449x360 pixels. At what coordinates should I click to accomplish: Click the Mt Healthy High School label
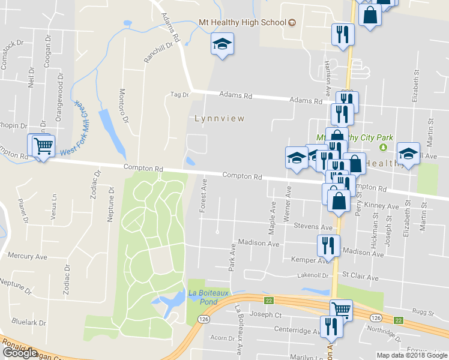(242, 23)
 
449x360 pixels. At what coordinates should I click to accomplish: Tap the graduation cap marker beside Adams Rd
(222, 44)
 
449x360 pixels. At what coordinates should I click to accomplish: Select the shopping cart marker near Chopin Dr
(42, 145)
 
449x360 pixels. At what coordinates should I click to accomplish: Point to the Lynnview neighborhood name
(220, 119)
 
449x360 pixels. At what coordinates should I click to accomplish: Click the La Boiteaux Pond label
(203, 297)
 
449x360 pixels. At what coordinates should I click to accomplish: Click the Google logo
(20, 352)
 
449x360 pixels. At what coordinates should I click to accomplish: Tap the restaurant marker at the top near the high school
(343, 34)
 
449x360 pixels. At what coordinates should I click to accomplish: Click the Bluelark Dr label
(28, 322)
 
